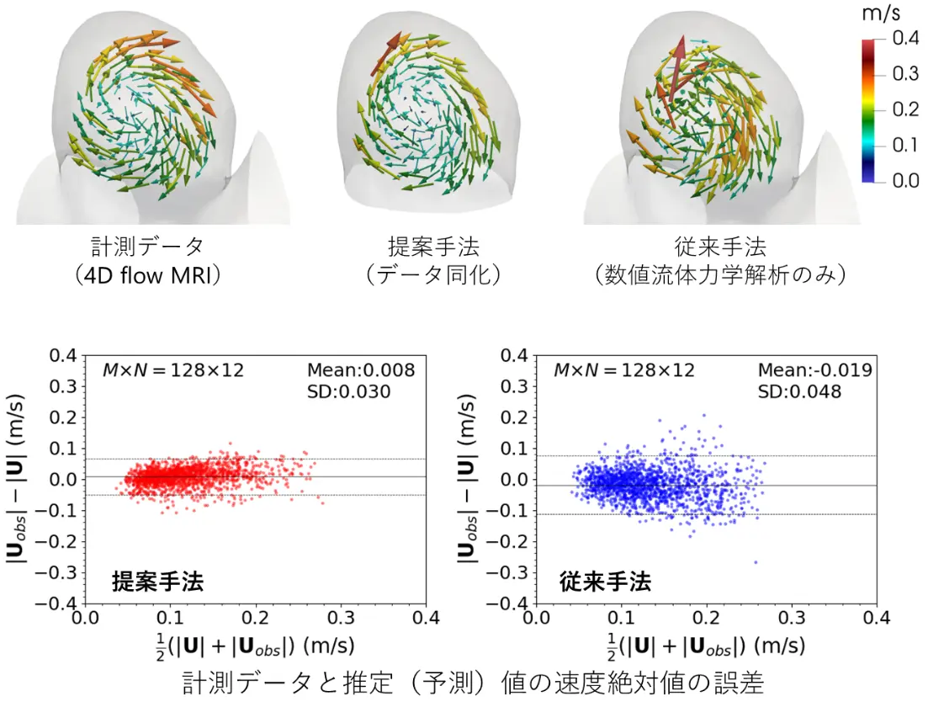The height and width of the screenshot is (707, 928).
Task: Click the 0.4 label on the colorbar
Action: point(905,39)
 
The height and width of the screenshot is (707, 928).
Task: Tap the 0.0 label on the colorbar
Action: point(905,181)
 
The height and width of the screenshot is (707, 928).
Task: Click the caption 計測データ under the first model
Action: point(148,247)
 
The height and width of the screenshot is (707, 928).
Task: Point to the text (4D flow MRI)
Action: point(148,275)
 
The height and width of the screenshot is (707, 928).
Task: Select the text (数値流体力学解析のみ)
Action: point(720,275)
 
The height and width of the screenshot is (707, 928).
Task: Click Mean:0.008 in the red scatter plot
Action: point(361,369)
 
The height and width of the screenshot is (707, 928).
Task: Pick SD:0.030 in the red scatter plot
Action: point(348,391)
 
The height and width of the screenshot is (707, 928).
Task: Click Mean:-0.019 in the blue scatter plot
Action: point(814,369)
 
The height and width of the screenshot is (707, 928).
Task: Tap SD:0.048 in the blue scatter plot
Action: point(799,391)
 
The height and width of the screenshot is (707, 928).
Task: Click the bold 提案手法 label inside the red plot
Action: point(157,581)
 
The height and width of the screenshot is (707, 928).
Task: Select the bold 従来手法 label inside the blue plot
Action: point(605,581)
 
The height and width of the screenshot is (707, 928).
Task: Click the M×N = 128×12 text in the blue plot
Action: point(623,369)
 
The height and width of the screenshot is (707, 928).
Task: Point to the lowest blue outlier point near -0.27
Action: point(756,561)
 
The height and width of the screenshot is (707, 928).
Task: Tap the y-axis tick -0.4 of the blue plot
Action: point(513,603)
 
